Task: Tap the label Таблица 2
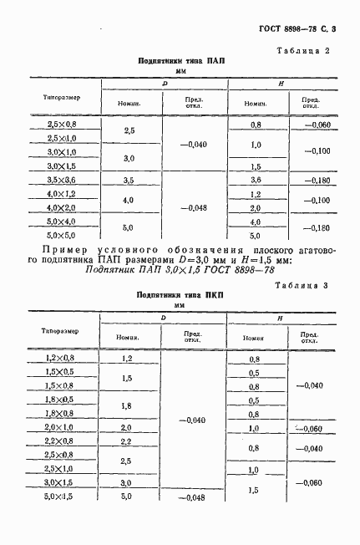pyautogui.click(x=304, y=52)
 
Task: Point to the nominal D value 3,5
pyautogui.click(x=129, y=181)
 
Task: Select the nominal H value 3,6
pyautogui.click(x=256, y=181)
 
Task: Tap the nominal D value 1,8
pyautogui.click(x=128, y=406)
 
